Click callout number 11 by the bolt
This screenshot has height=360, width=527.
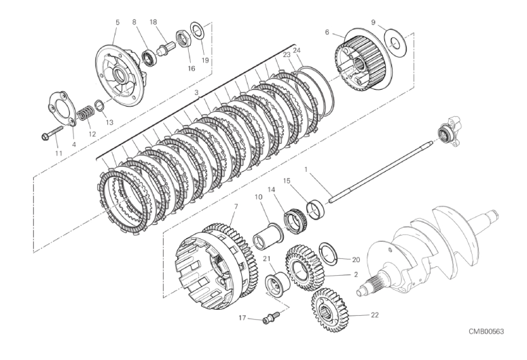58,154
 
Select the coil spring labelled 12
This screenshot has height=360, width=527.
86,113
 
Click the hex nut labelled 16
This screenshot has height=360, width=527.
184,39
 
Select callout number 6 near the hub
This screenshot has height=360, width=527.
327,33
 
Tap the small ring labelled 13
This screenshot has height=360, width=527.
100,105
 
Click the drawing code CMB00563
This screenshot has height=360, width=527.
486,331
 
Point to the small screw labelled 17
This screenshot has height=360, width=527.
271,318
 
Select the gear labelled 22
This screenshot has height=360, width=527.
329,310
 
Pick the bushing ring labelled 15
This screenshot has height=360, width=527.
316,210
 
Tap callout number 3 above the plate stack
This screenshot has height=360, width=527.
197,92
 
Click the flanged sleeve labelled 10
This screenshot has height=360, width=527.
268,236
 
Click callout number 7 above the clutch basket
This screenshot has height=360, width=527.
236,206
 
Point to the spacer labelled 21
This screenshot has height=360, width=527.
278,286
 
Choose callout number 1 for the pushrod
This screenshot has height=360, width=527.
306,170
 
